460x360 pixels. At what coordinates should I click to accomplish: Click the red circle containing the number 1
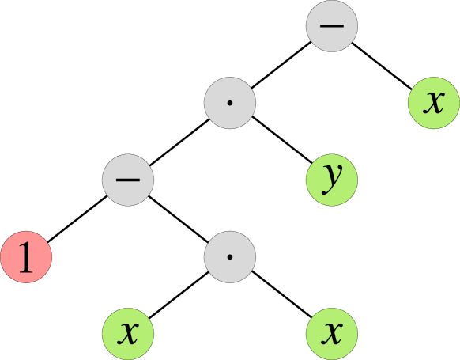[26, 257]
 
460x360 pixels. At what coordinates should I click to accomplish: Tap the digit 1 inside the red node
[26, 258]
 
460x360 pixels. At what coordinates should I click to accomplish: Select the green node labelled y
[332, 180]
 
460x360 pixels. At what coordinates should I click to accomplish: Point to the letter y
[333, 179]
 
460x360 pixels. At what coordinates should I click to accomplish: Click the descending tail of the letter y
[329, 191]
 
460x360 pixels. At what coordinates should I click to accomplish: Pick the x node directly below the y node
[332, 333]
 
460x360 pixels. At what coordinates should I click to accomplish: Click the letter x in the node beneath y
[333, 333]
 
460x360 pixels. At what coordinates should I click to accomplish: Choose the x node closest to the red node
[128, 333]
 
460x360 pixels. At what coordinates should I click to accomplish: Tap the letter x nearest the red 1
[128, 333]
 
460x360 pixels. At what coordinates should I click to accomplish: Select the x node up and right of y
[433, 102]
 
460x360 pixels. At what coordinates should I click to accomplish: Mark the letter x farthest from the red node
[433, 102]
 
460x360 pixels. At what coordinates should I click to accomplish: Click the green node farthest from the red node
[433, 102]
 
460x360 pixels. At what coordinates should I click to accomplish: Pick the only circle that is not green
[26, 257]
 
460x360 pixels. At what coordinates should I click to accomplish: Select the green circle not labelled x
[332, 180]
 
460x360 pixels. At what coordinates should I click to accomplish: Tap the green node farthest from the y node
[128, 333]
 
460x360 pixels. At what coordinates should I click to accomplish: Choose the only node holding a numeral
[26, 257]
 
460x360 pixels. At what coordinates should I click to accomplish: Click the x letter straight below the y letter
[333, 333]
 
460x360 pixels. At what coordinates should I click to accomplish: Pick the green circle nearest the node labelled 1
[128, 333]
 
